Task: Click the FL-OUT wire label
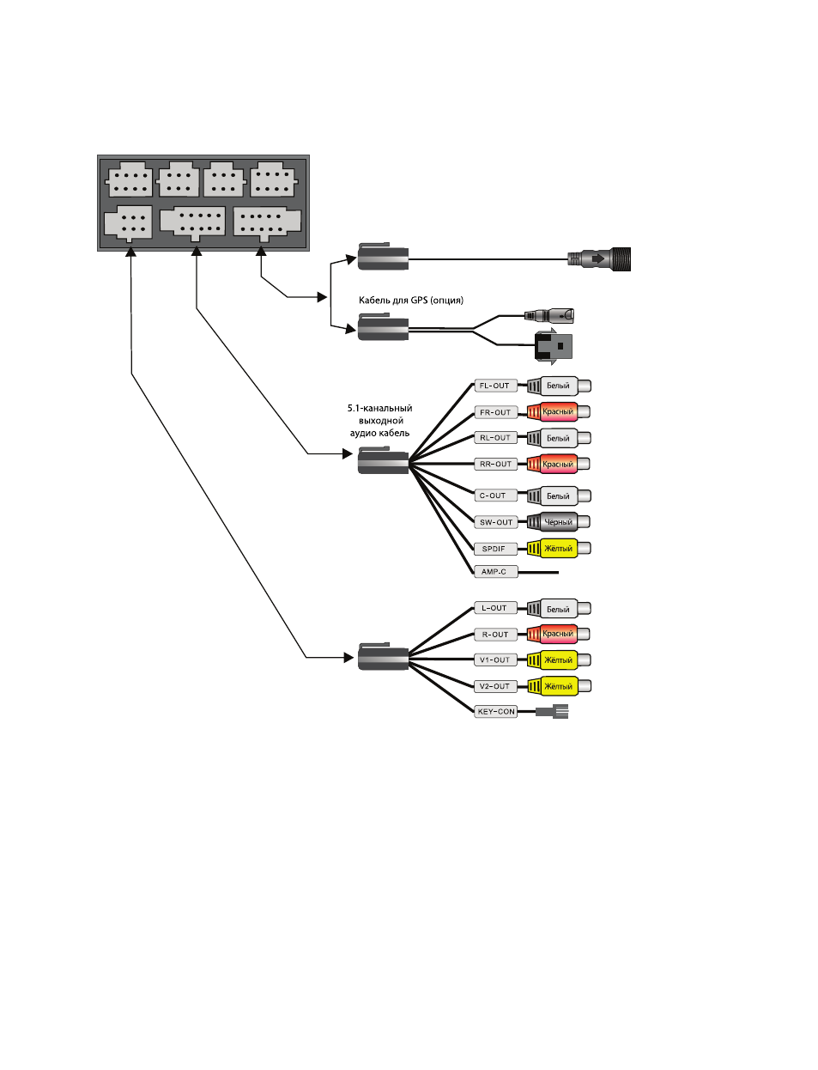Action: [495, 386]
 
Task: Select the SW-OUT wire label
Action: [495, 523]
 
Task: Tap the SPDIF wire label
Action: [495, 549]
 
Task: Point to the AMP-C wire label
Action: [495, 572]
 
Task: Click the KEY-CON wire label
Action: [495, 712]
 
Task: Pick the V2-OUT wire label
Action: [495, 686]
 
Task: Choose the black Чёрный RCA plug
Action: [558, 522]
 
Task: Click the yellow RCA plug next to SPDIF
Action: [558, 549]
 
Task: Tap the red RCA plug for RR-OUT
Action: [558, 464]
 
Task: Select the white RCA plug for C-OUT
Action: [558, 496]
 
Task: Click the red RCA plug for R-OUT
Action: [558, 635]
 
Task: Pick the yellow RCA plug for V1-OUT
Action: [558, 660]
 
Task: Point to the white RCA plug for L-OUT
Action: [558, 609]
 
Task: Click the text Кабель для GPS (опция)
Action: [410, 301]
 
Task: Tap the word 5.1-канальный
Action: [379, 408]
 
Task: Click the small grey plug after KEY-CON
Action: [552, 712]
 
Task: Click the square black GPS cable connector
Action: [554, 346]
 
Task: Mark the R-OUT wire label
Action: [495, 635]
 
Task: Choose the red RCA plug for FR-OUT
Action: [558, 412]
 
